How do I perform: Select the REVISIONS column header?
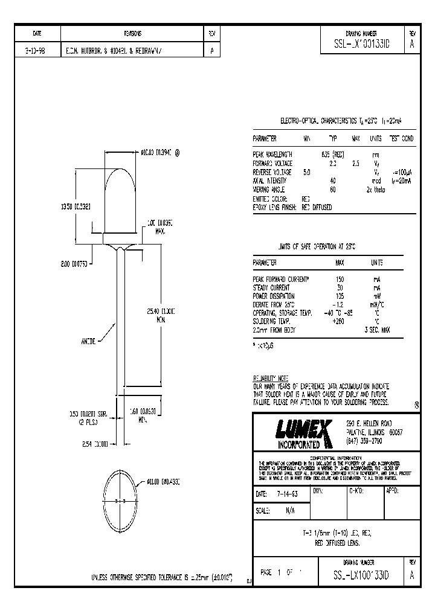click(x=132, y=34)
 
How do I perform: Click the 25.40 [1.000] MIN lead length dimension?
click(x=160, y=315)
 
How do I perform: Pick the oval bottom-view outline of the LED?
click(x=123, y=501)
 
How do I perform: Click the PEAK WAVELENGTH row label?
click(x=272, y=155)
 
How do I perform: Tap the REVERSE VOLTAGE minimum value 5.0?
click(x=306, y=172)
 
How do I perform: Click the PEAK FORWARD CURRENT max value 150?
click(x=340, y=280)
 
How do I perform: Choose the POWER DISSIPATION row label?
click(x=274, y=296)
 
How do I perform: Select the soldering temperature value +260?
click(x=340, y=322)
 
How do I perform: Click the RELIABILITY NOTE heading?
click(x=271, y=377)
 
